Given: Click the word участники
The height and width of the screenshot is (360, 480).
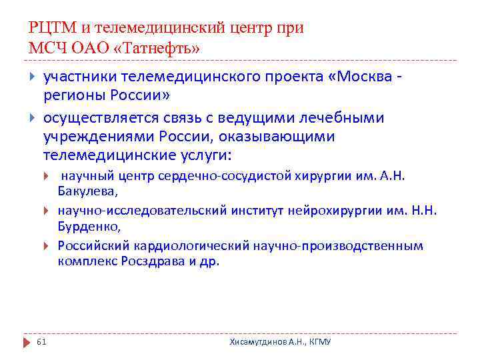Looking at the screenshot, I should click(85, 77).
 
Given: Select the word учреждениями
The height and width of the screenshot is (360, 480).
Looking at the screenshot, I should click(99, 136).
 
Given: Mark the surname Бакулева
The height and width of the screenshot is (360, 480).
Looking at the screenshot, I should click(87, 191).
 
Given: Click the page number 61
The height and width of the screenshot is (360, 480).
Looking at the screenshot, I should click(41, 341).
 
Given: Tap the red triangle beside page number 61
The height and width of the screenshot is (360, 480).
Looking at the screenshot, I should click(27, 341).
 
